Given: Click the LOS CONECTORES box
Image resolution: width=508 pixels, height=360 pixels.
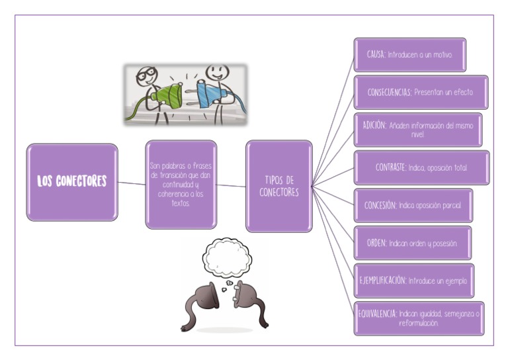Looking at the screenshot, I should point(72,181).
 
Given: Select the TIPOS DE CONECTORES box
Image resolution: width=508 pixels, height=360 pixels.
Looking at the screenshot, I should point(278,186).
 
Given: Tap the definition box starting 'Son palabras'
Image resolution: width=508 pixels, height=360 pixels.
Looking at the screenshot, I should point(181,184).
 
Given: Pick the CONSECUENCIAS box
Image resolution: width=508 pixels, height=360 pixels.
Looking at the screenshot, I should point(421,92).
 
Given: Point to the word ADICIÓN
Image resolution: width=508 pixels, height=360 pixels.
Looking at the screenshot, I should point(374,124).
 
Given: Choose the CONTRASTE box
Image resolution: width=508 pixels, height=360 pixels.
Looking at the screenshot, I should point(421,167).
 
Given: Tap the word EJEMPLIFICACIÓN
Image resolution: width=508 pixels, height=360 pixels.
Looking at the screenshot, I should point(382,281).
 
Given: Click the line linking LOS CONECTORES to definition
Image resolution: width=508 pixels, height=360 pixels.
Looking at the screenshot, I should point(132,183).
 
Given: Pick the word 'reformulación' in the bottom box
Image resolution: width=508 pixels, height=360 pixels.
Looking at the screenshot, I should point(418,324).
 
